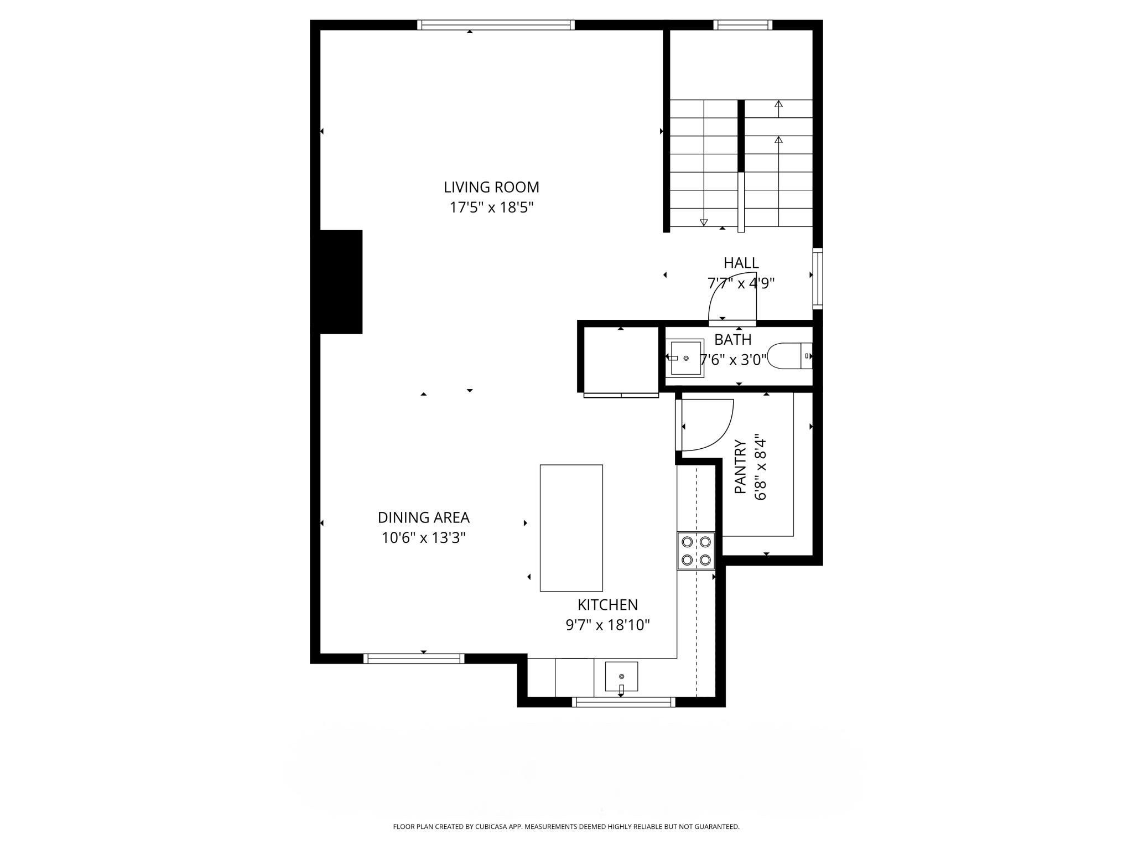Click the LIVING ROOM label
(491, 187)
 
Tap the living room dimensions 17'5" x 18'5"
(491, 208)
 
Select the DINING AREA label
(423, 517)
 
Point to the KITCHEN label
(607, 604)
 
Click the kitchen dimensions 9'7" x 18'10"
(607, 625)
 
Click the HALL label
(741, 262)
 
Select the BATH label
(732, 339)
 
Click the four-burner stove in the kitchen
(696, 551)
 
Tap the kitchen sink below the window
(621, 677)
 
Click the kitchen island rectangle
(571, 528)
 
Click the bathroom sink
(687, 358)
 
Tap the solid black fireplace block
(336, 282)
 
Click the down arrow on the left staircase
(704, 222)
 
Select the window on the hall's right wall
(817, 278)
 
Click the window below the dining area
(413, 658)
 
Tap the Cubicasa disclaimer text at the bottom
(566, 827)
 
